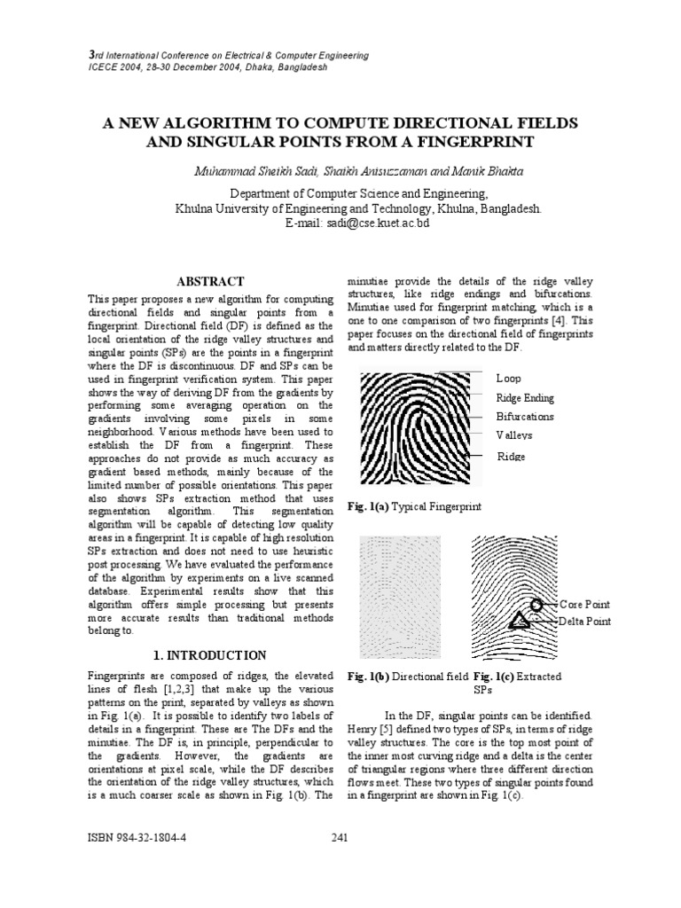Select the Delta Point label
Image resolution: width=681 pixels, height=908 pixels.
point(584,622)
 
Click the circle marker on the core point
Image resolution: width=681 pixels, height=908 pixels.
point(537,606)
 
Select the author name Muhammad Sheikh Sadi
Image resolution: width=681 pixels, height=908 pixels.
point(245,168)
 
